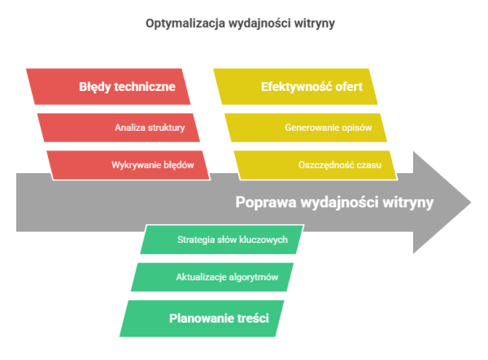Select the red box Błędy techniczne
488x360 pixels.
[x=108, y=86]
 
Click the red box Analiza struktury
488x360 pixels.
[x=119, y=128]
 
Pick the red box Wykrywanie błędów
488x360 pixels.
[x=129, y=165]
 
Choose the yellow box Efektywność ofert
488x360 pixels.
[x=295, y=86]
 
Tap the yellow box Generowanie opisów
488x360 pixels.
[x=306, y=128]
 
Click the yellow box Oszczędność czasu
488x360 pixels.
[x=316, y=165]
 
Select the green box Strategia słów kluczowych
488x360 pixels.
[x=222, y=240]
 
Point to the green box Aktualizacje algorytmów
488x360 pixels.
[x=212, y=277]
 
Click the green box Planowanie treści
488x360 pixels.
[x=202, y=319]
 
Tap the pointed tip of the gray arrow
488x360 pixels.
[x=471, y=202]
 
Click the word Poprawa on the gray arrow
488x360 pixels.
[x=266, y=202]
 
